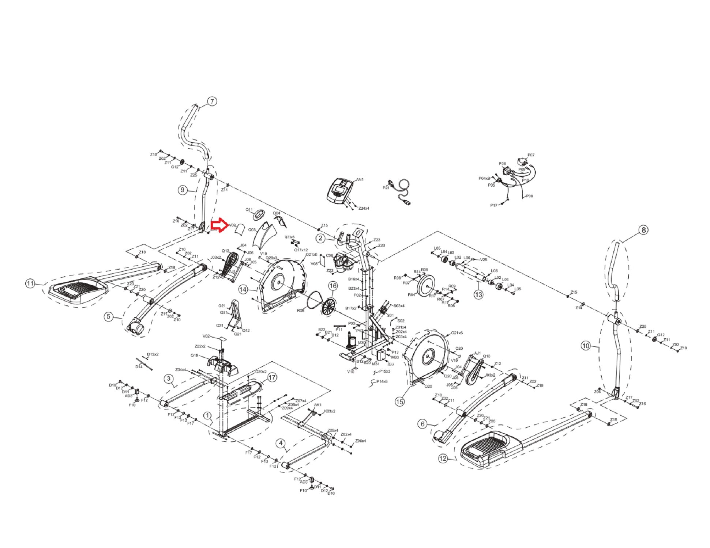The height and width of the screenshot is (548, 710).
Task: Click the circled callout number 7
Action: click(x=212, y=101)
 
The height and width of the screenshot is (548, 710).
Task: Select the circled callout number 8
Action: click(x=643, y=230)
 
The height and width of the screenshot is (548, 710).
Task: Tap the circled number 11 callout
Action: click(x=30, y=283)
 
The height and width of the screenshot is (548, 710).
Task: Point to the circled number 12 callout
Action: click(x=443, y=458)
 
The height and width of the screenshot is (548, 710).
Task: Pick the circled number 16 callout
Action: click(x=333, y=285)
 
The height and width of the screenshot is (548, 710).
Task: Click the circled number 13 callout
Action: click(x=478, y=294)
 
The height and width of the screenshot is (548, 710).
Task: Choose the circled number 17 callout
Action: click(x=272, y=377)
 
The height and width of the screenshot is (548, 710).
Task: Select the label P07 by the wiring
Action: click(x=531, y=155)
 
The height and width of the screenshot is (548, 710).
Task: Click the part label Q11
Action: click(x=249, y=210)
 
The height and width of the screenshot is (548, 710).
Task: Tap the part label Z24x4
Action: click(x=364, y=208)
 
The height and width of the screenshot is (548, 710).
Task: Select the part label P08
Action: click(x=529, y=196)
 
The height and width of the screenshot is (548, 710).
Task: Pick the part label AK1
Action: click(x=318, y=405)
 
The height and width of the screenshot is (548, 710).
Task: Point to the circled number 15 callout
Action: click(x=400, y=402)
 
